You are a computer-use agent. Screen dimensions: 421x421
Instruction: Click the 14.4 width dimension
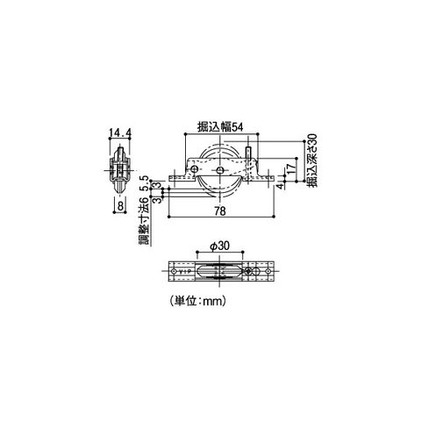coord(120,133)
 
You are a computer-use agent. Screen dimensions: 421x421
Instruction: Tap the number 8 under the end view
coord(120,206)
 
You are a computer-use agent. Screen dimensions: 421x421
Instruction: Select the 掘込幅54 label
coord(220,127)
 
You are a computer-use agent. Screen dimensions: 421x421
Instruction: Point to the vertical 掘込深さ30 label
coord(312,161)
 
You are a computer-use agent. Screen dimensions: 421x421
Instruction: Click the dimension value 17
coord(290,168)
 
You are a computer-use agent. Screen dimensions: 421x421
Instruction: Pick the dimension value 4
coord(280,186)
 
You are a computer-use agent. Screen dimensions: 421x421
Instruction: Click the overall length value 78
coord(220,211)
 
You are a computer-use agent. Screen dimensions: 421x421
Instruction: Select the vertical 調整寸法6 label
coord(145,221)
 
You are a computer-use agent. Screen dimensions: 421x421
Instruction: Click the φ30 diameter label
coord(220,246)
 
